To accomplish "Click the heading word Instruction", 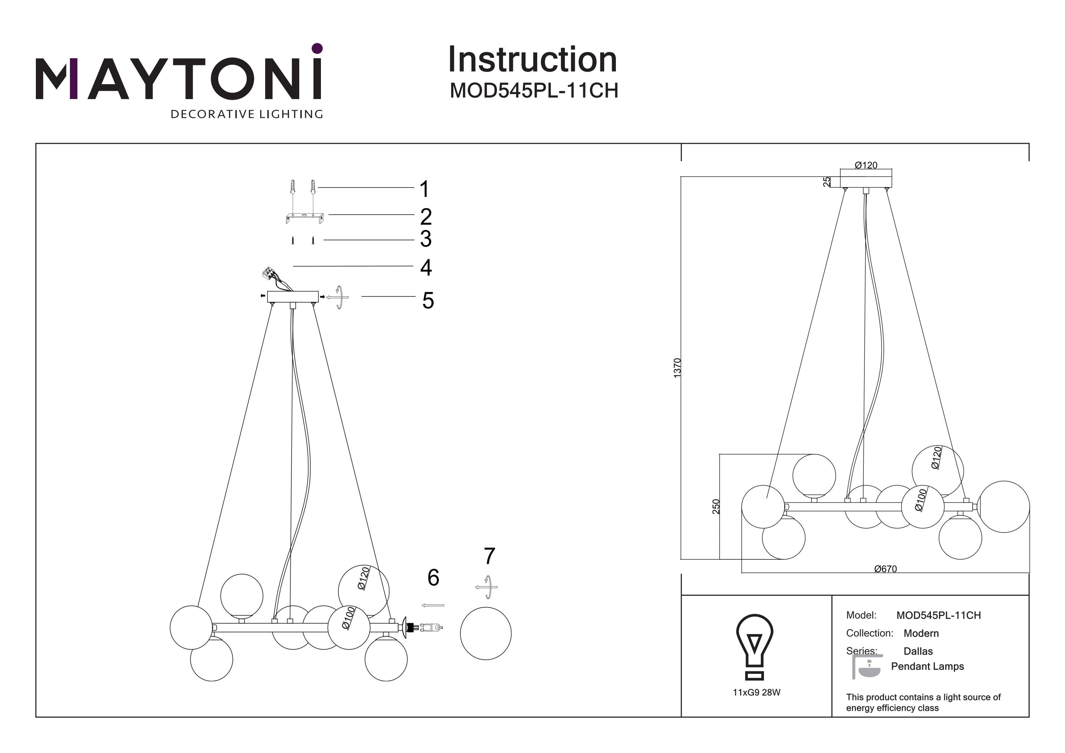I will (532, 60).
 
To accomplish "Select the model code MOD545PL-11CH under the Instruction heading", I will (534, 91).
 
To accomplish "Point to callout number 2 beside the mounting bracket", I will (426, 217).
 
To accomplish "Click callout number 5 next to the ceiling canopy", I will (428, 300).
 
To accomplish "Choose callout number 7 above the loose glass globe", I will (489, 556).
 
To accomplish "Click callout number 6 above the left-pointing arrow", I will (433, 578).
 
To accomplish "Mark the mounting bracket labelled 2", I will (304, 217).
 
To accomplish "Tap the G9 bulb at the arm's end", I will (431, 628).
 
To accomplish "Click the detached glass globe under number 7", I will (486, 633).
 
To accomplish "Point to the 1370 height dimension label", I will (677, 367).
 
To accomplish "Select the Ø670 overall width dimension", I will (885, 569).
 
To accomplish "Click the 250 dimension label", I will (716, 506).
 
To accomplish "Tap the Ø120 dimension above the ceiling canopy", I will (865, 165).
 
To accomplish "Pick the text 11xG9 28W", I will (757, 693).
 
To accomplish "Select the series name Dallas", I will (918, 651).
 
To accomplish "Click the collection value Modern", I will (921, 633).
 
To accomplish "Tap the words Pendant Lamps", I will (927, 666).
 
